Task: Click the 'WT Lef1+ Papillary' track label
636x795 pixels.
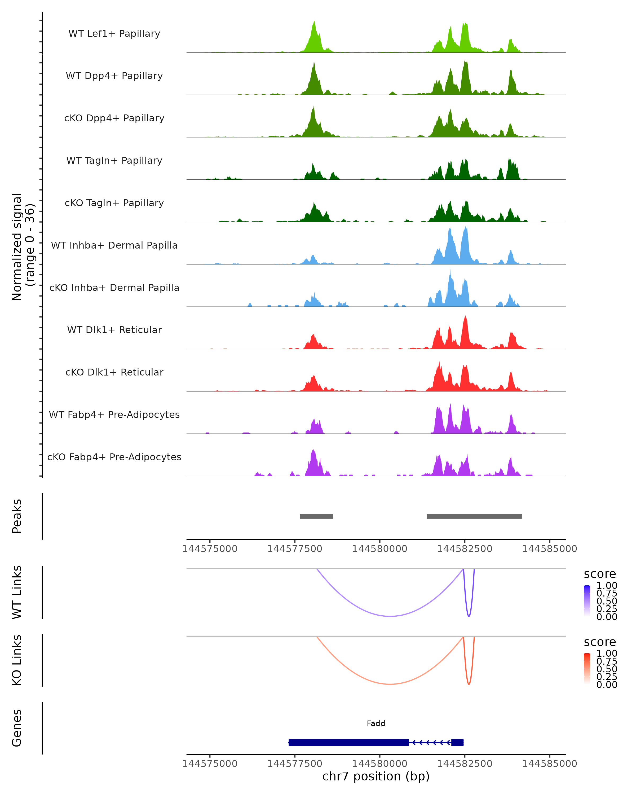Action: (114, 34)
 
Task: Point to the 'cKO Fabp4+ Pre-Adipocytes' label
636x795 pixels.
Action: (114, 457)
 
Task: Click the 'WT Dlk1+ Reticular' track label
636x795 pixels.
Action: (114, 330)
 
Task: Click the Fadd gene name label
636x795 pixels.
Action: (376, 723)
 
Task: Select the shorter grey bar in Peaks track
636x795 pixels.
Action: (316, 516)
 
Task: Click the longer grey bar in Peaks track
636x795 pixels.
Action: (474, 516)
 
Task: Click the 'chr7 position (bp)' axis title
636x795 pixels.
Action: (376, 776)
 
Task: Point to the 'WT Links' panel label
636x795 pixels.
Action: (17, 592)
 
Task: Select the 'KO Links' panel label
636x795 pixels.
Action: (17, 660)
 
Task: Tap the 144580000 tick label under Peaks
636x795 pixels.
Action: (379, 549)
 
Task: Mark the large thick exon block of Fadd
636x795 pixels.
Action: (348, 742)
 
